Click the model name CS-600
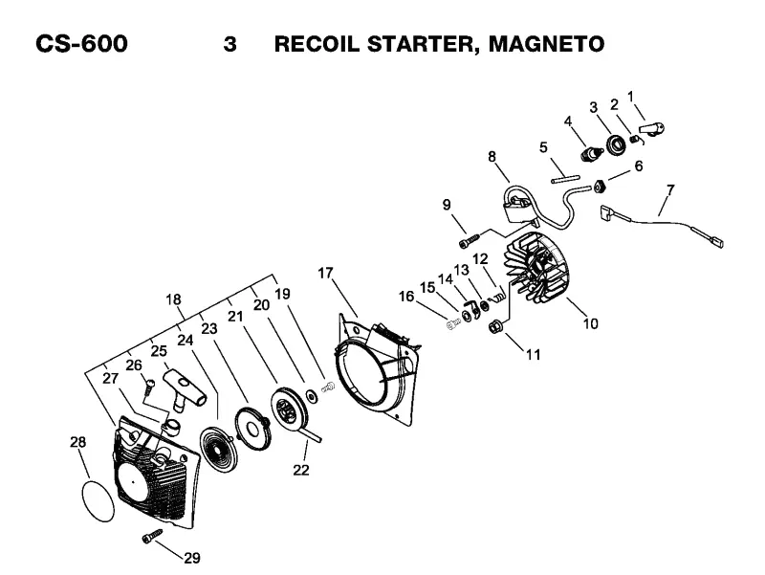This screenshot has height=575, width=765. tap(81, 43)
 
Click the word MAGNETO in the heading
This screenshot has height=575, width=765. tap(546, 43)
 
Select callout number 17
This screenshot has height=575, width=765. tap(325, 273)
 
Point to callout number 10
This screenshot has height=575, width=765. tap(590, 323)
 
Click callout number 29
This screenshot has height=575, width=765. tap(192, 558)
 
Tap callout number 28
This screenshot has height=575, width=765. tap(78, 442)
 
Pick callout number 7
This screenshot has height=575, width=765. tap(670, 189)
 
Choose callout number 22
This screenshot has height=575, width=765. tap(301, 470)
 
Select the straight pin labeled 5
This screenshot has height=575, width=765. tap(565, 178)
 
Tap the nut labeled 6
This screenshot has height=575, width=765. tap(600, 187)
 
